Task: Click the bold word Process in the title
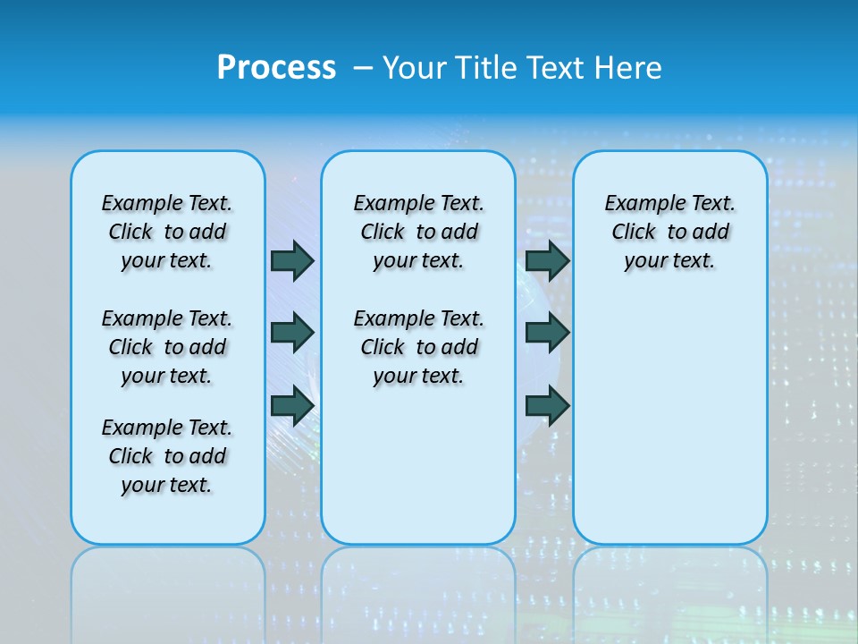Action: click(x=276, y=68)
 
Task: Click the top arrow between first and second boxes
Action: click(x=292, y=260)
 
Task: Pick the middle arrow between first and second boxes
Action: click(x=292, y=333)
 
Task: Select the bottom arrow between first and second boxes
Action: click(x=292, y=405)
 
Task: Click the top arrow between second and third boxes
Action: click(x=547, y=260)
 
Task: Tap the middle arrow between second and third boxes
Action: click(x=547, y=333)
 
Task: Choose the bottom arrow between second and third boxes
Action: click(x=547, y=405)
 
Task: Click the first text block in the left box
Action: click(x=167, y=232)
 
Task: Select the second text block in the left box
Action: click(x=167, y=347)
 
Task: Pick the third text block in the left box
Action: click(x=167, y=456)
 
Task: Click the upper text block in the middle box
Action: click(x=418, y=232)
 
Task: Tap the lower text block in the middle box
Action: click(x=418, y=347)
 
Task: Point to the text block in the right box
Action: click(x=670, y=232)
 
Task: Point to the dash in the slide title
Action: click(x=364, y=68)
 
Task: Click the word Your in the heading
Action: click(x=416, y=68)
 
